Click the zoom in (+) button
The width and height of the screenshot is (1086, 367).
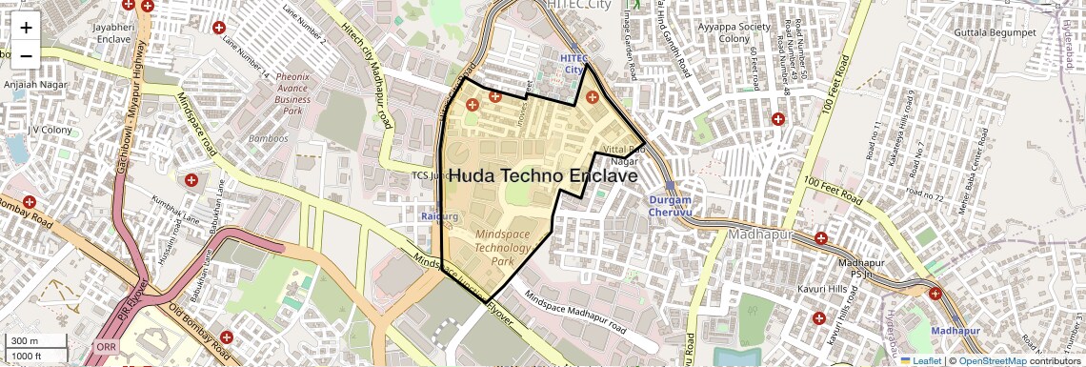click(26, 27)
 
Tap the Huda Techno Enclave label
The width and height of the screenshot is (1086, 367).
click(542, 176)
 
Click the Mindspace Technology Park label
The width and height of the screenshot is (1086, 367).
click(508, 247)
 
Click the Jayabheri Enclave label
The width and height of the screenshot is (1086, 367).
click(111, 34)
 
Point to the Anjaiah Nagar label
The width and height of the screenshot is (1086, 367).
click(33, 84)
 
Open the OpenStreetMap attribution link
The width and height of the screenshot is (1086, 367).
click(994, 360)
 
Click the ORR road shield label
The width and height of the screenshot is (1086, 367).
click(106, 347)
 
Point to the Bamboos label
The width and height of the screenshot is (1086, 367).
click(268, 138)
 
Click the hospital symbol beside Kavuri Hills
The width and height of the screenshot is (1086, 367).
click(818, 317)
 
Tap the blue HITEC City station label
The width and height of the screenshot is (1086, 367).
click(573, 64)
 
